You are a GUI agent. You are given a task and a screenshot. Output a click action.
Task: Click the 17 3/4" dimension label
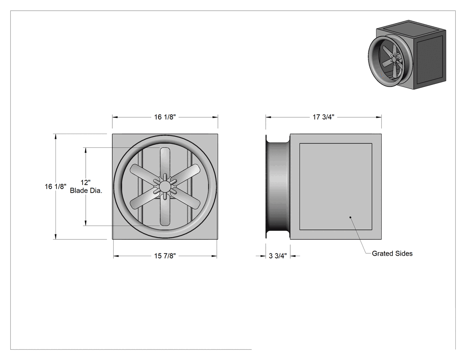point(324,117)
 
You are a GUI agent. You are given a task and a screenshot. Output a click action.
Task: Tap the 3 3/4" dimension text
point(278,256)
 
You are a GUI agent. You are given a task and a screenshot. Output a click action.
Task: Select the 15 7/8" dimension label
point(165,256)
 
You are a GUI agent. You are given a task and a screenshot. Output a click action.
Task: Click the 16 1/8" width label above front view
point(165,117)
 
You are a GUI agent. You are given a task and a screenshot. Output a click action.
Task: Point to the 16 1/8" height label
point(55,187)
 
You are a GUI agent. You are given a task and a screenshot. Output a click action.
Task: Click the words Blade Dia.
point(86,190)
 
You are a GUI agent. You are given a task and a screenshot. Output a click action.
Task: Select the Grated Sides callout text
point(392,253)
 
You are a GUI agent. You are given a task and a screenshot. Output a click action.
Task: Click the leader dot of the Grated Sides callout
point(351,218)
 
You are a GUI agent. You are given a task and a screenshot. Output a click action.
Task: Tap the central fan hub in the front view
point(165,186)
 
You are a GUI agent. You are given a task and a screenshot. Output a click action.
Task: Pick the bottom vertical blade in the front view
point(165,210)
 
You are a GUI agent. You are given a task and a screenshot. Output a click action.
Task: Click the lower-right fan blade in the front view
point(186,199)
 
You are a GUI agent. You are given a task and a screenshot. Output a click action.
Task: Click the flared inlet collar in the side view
point(277,186)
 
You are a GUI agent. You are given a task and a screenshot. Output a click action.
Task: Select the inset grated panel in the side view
point(336,187)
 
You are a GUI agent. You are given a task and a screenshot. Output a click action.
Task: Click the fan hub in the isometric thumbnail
point(395,59)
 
